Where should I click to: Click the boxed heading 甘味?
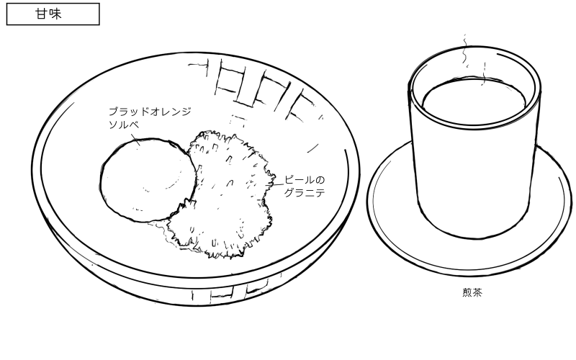(x=53, y=14)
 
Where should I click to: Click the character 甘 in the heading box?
(x=45, y=14)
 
